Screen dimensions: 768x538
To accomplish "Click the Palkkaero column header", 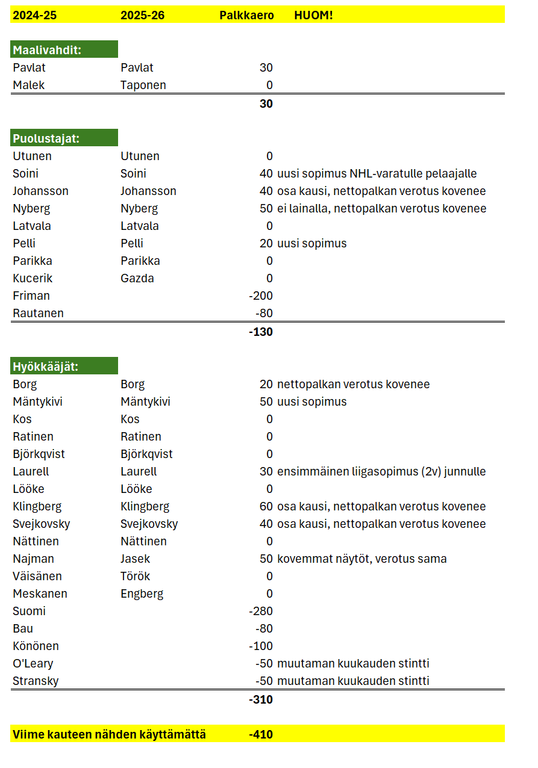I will [246, 15].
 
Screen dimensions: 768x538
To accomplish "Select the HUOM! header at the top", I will [313, 15].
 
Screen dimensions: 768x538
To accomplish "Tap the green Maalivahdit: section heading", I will [64, 50].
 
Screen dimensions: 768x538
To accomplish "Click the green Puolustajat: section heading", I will [64, 138].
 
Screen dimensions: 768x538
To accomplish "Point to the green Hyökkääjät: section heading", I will [64, 367].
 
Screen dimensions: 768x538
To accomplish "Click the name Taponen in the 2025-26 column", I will [143, 85].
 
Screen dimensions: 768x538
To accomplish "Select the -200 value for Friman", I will [260, 296].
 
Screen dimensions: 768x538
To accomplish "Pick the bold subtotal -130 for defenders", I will [260, 332].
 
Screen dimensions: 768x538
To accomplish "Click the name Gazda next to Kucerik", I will [137, 278].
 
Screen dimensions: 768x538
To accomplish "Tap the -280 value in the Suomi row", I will [260, 611].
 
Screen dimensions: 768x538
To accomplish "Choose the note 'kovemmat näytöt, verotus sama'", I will [361, 559].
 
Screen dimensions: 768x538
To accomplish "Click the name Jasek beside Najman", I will [136, 559].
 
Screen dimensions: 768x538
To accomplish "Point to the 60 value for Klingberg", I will [266, 506].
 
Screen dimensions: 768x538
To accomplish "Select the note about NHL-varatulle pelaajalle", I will [377, 173].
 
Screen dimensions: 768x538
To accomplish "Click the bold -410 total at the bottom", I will [260, 734].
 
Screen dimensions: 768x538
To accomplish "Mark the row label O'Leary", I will [33, 663].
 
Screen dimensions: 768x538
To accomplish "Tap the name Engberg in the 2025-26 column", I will [142, 593].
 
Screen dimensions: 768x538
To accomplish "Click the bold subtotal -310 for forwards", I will [260, 699].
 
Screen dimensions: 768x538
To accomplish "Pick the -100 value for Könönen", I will [260, 646].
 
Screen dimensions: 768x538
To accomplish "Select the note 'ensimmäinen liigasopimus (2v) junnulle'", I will [381, 471].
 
